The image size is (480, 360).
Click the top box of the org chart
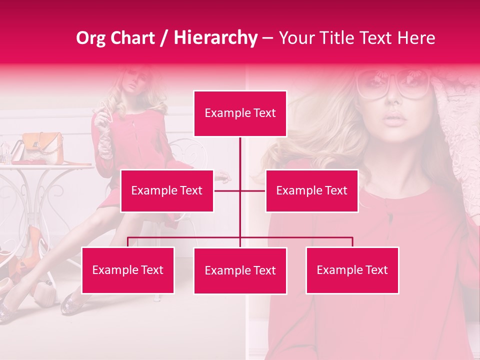[240, 113]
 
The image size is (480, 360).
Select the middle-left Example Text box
[167, 190]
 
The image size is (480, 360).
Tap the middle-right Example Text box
[311, 190]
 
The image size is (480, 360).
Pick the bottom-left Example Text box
[127, 270]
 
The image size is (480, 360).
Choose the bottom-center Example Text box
[240, 270]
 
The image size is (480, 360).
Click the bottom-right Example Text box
[352, 270]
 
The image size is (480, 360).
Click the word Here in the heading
[416, 38]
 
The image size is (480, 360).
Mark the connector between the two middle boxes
[240, 190]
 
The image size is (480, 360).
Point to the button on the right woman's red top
[389, 217]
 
